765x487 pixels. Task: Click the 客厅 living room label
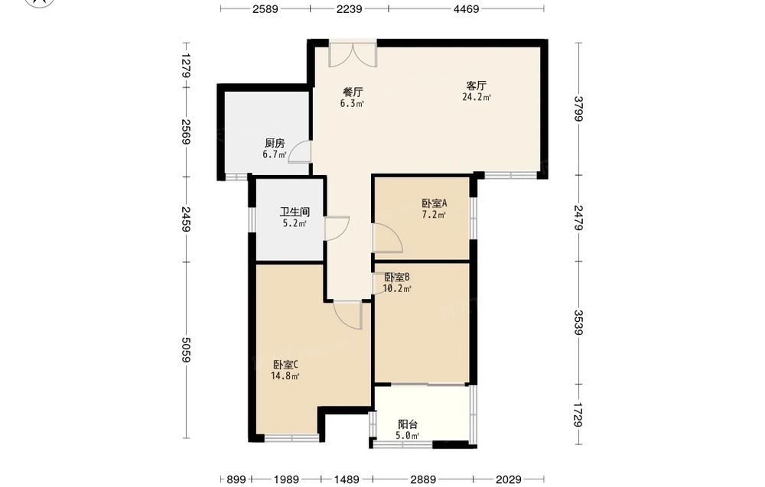point(476,86)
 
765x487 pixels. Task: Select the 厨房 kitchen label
point(275,143)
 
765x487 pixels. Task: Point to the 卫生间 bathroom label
point(295,212)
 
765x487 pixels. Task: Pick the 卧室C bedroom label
point(285,364)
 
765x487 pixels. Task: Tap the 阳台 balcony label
point(408,424)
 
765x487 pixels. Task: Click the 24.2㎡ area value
point(477,97)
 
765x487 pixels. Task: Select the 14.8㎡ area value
point(285,375)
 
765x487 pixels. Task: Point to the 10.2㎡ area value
point(397,288)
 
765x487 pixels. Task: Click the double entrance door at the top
point(353,54)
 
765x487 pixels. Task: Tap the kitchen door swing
point(299,151)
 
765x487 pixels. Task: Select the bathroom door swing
point(337,228)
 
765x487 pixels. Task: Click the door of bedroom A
point(387,238)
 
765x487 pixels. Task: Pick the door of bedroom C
point(348,315)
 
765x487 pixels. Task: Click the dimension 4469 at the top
point(466,8)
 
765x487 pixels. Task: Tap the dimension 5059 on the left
point(185,349)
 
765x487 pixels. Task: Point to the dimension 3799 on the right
point(578,109)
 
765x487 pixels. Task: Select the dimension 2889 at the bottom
point(422,479)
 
